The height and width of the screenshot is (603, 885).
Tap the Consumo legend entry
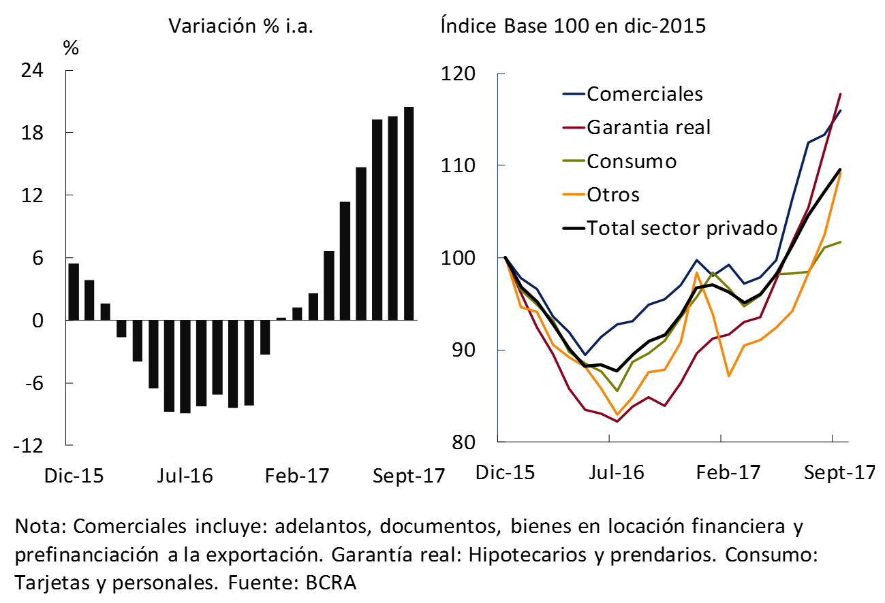(x=632, y=161)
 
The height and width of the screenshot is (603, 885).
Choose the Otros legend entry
(x=613, y=195)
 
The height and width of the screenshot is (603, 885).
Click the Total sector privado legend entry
(x=682, y=227)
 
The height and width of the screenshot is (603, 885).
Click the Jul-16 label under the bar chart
(x=185, y=476)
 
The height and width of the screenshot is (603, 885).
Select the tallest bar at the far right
(x=408, y=213)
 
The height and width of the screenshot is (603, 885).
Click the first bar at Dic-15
(x=74, y=291)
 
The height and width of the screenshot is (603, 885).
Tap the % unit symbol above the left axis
(x=71, y=48)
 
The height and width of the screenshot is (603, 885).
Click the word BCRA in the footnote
(x=330, y=583)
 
